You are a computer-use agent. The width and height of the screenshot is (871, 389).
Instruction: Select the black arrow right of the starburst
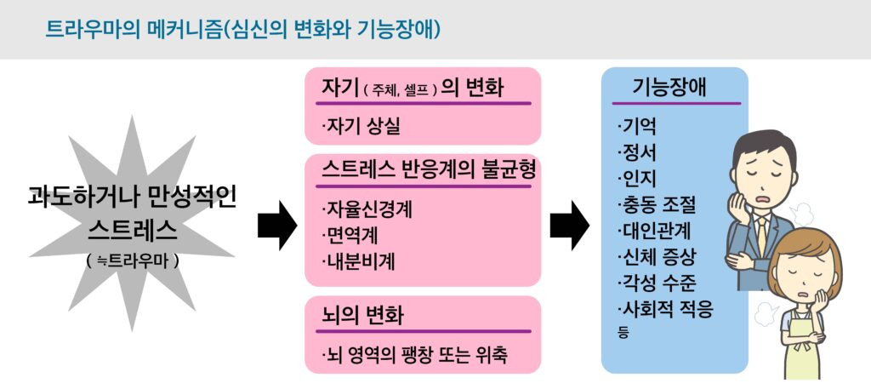(276, 225)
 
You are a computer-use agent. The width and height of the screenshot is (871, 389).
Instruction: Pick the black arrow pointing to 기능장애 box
(569, 225)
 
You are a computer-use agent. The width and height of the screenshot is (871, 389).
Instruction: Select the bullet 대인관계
(655, 231)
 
